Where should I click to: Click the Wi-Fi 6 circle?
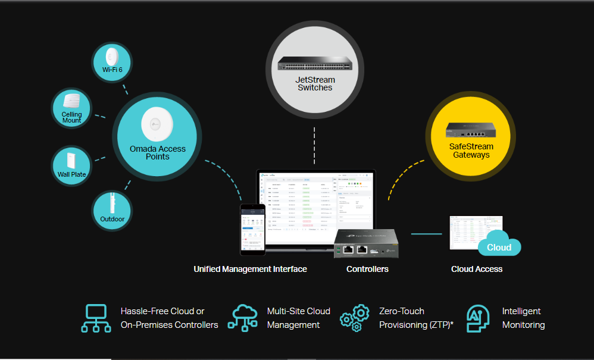click(112, 62)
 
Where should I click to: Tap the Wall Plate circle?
click(71, 165)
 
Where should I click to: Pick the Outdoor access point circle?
click(112, 209)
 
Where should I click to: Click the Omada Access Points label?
click(158, 152)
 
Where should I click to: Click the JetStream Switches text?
click(315, 84)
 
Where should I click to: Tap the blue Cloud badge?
click(499, 247)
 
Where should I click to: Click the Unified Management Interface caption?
click(250, 269)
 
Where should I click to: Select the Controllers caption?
click(367, 269)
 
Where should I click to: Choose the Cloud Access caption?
click(477, 269)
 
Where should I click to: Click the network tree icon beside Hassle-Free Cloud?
click(96, 318)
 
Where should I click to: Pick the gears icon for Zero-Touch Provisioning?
click(355, 318)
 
